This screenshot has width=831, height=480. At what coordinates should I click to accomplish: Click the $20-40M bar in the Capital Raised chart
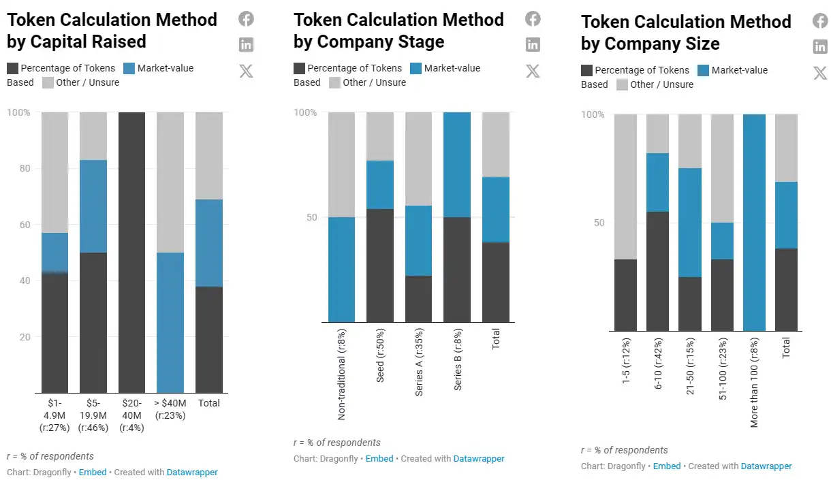[131, 252]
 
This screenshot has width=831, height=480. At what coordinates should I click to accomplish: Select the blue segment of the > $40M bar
[170, 322]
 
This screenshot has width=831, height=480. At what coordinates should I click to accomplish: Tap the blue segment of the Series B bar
[457, 165]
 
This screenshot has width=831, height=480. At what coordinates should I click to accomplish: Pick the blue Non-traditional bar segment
[341, 270]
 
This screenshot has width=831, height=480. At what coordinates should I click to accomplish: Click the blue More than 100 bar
[754, 223]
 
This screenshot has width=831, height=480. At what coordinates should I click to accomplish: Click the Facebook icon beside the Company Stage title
[533, 19]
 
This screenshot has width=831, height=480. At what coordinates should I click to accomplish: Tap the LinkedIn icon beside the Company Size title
[820, 47]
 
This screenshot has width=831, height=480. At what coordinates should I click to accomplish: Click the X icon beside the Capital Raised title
[246, 71]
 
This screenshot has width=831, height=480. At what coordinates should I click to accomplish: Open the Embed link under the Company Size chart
[667, 466]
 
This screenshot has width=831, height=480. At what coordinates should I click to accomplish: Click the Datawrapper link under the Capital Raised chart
[192, 472]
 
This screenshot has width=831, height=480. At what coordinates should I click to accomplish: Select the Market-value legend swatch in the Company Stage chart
[416, 68]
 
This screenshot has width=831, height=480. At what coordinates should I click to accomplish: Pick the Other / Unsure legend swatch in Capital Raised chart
[48, 82]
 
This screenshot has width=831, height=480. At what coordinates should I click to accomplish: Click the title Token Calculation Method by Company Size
[686, 33]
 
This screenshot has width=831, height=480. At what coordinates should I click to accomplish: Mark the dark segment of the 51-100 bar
[722, 295]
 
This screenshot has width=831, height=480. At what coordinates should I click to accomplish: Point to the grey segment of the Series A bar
[418, 159]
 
